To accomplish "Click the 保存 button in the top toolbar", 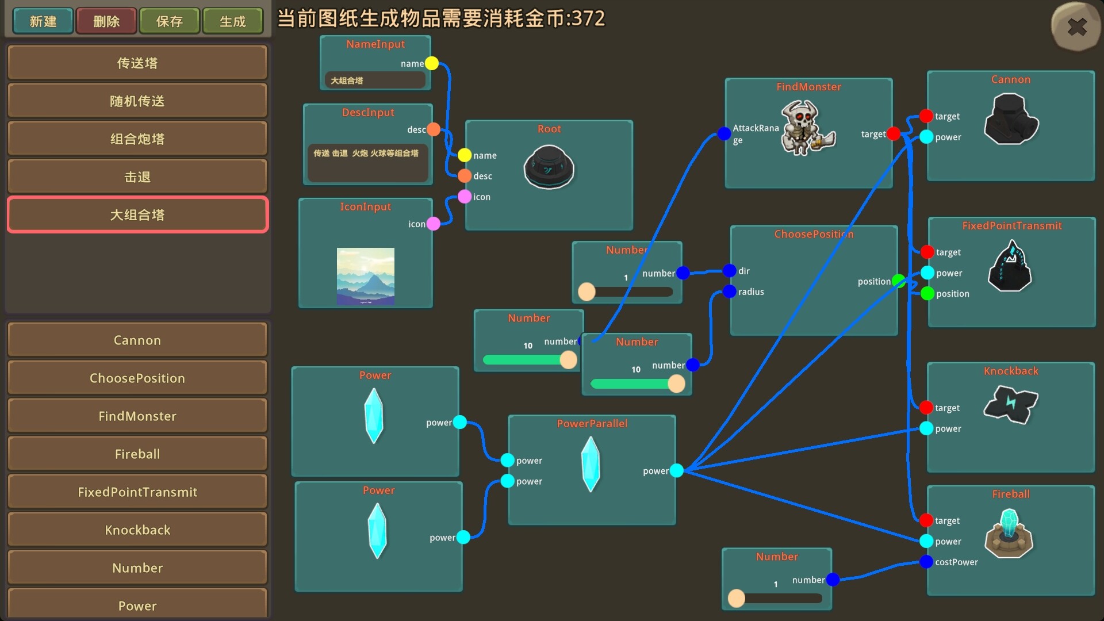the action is pyautogui.click(x=170, y=21).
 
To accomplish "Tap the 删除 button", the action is pyautogui.click(x=106, y=21).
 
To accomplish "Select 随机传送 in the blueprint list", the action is pyautogui.click(x=137, y=101).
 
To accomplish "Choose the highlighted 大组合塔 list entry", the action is pyautogui.click(x=137, y=215).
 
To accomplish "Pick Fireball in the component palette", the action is pyautogui.click(x=137, y=454).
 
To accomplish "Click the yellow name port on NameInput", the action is pyautogui.click(x=432, y=63).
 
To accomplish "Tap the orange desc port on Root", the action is pyautogui.click(x=465, y=176).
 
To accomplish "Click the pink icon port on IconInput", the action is pyautogui.click(x=434, y=224).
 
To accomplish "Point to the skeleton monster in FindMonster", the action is pyautogui.click(x=807, y=128).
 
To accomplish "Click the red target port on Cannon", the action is pyautogui.click(x=926, y=116).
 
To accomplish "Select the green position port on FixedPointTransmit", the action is pyautogui.click(x=927, y=294).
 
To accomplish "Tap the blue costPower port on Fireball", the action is pyautogui.click(x=926, y=562).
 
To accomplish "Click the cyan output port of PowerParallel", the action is pyautogui.click(x=677, y=470).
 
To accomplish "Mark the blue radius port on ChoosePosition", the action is pyautogui.click(x=730, y=292).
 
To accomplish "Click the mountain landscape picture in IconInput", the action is pyautogui.click(x=366, y=276).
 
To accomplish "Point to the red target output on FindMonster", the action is pyautogui.click(x=894, y=134).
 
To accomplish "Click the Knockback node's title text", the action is pyautogui.click(x=1011, y=371).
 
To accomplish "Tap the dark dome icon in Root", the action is pyautogui.click(x=549, y=167).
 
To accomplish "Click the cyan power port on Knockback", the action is pyautogui.click(x=926, y=428).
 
